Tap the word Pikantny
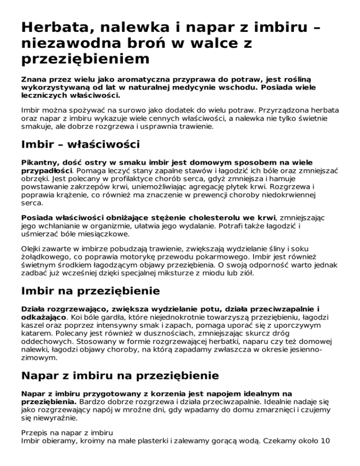tap(39, 162)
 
